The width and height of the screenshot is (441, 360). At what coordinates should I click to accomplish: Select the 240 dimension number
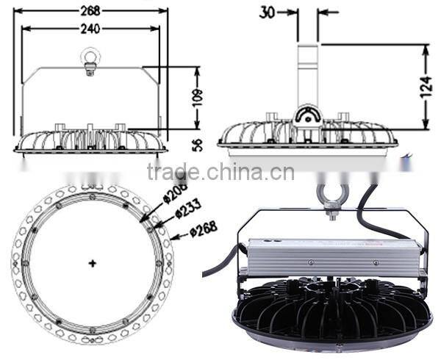tap(91, 29)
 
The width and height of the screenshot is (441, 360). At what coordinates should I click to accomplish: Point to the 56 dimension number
tap(196, 144)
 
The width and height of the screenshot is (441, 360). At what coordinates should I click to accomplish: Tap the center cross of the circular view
tap(92, 262)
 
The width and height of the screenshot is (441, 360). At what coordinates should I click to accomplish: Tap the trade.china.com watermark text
tap(220, 172)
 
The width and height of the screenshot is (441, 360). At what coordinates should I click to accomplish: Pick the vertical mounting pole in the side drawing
tap(308, 73)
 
